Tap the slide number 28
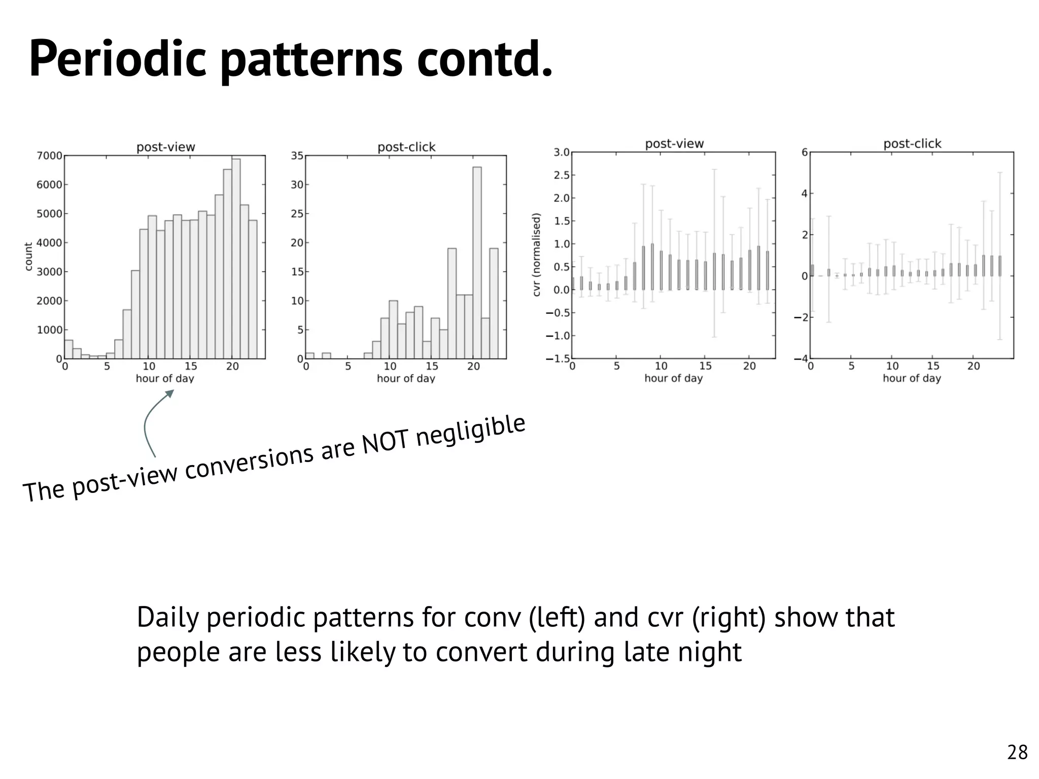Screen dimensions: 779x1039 [1017, 752]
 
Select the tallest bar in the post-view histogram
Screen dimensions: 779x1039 [236, 259]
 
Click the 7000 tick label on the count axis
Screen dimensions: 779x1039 [49, 156]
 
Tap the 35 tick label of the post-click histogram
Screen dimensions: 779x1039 [297, 156]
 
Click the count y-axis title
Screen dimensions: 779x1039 [28, 257]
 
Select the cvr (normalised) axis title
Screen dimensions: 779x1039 [537, 255]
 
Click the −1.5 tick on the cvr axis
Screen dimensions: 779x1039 [558, 359]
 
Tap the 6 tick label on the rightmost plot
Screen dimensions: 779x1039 [805, 152]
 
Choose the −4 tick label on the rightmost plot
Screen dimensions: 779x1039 [801, 359]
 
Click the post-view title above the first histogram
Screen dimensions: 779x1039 [165, 147]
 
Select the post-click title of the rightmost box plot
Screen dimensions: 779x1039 [912, 144]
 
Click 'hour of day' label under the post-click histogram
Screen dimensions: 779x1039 [406, 378]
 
